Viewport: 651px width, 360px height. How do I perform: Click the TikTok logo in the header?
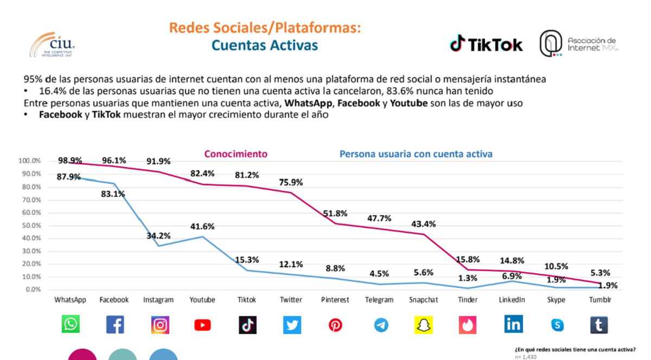[x=486, y=44]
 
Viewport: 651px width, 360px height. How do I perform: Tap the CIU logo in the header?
[x=52, y=44]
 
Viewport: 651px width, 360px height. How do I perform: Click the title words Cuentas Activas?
[x=265, y=45]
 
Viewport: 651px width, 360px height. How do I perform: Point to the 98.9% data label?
[x=70, y=160]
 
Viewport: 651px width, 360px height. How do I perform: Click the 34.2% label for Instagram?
[x=158, y=236]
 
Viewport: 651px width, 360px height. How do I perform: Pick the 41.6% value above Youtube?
[x=202, y=227]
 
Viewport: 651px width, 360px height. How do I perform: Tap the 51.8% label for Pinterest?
[x=335, y=214]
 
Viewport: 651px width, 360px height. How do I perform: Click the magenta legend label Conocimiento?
[x=236, y=154]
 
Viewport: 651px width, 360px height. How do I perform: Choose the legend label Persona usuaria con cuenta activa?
[x=416, y=154]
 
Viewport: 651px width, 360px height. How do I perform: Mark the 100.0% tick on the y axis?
[x=29, y=161]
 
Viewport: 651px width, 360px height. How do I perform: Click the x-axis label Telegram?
[x=379, y=300]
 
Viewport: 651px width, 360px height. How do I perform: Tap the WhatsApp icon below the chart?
[x=71, y=325]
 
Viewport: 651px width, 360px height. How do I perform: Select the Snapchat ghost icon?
[x=424, y=325]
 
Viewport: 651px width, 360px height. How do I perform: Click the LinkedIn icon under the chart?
[x=513, y=324]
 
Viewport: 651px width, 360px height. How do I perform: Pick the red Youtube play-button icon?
[x=202, y=325]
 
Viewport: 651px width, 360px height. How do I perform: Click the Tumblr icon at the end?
[x=599, y=325]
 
